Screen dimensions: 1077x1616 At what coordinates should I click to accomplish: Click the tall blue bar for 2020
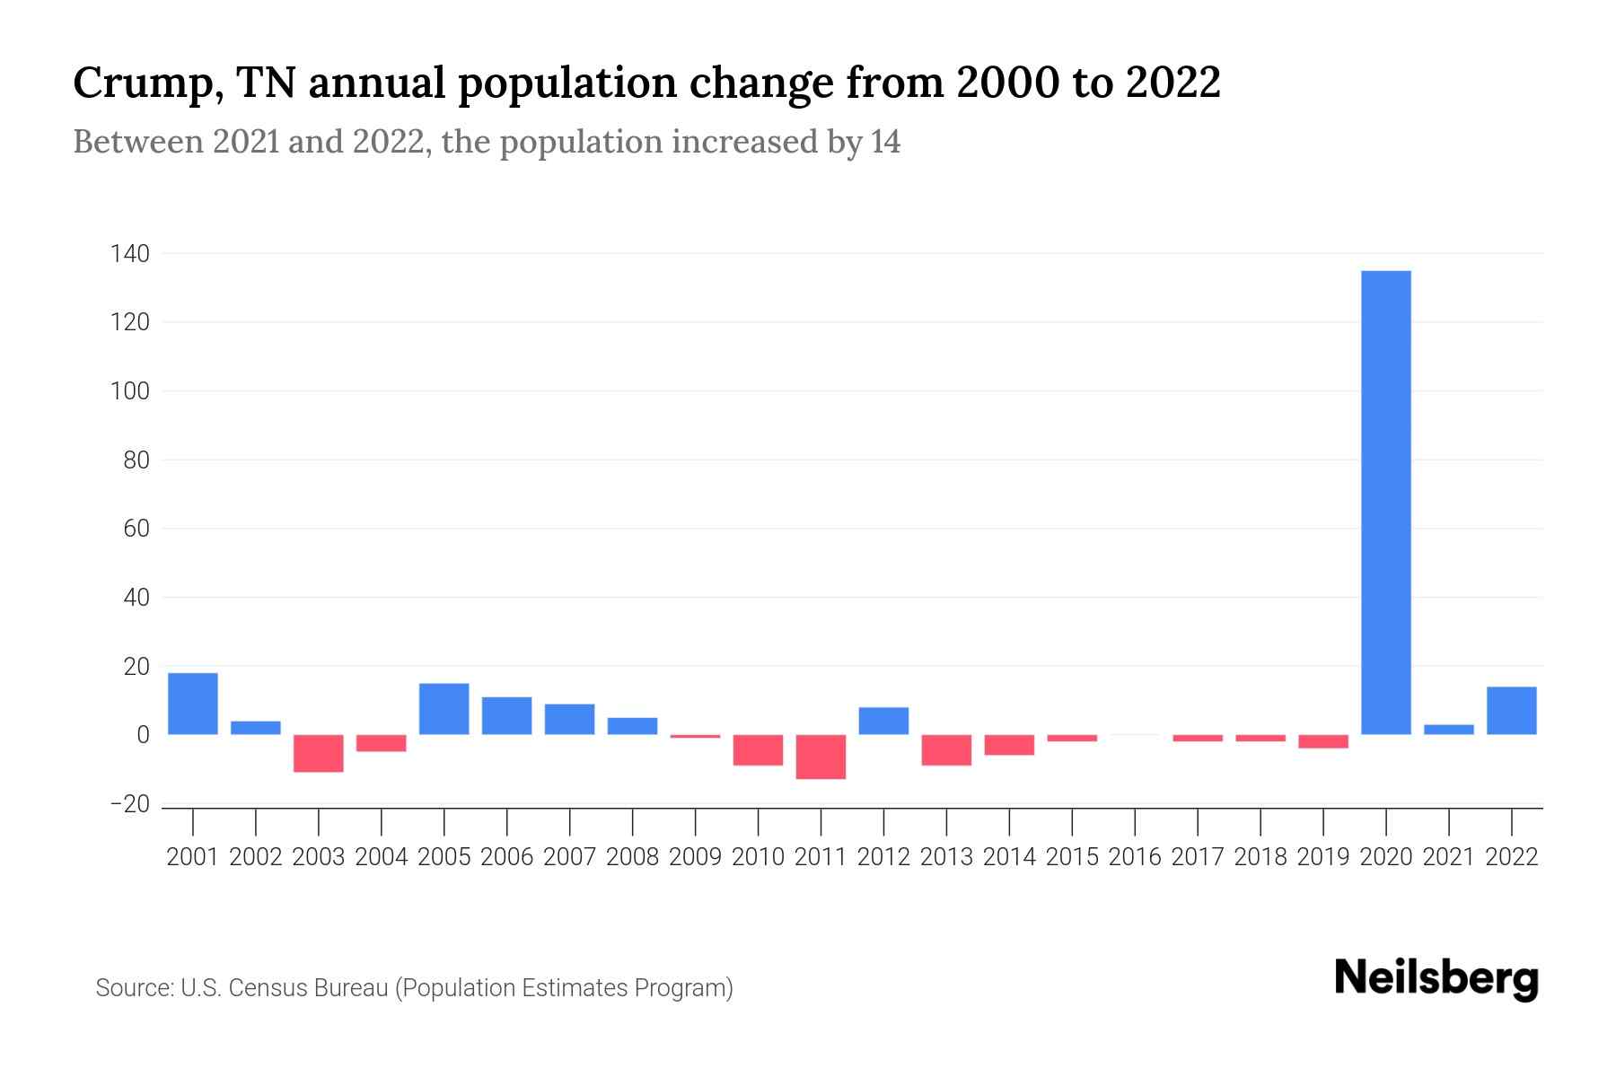[x=1386, y=503]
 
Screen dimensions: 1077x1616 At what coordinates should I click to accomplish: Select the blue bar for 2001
[x=193, y=704]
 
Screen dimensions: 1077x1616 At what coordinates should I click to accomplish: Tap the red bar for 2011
[x=821, y=757]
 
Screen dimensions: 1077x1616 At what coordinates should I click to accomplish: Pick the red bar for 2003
[x=319, y=753]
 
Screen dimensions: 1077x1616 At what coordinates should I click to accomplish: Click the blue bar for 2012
[x=883, y=721]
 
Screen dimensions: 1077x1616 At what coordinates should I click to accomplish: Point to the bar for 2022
[x=1512, y=711]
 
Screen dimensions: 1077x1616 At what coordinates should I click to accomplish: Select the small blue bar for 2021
[x=1449, y=729]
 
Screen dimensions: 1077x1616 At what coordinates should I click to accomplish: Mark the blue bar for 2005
[x=444, y=709]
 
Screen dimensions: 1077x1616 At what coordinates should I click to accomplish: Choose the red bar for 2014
[x=1009, y=745]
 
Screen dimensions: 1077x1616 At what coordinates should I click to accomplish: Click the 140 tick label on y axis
[x=129, y=254]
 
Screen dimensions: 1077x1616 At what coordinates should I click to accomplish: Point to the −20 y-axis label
[x=129, y=804]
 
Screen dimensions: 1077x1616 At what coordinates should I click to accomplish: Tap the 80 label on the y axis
[x=136, y=460]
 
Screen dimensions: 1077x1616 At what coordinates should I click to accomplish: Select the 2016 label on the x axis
[x=1135, y=857]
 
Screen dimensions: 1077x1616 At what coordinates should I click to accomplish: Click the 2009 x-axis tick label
[x=695, y=857]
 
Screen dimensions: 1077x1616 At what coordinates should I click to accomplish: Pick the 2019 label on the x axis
[x=1323, y=857]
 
